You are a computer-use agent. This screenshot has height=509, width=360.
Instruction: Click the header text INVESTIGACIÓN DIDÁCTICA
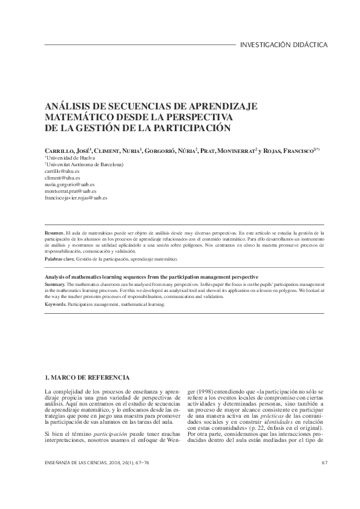[x=284, y=45]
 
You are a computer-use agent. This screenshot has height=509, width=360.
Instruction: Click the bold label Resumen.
[x=55, y=232]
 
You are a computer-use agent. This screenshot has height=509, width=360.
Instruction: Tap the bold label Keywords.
[x=56, y=304]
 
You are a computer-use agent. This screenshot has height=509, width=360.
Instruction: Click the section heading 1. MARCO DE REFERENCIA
[x=87, y=378]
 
